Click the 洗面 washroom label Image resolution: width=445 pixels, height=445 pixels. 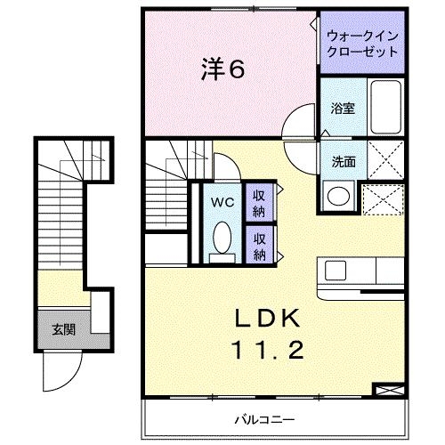click(344, 162)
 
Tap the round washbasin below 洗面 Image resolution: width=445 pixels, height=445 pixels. click(337, 195)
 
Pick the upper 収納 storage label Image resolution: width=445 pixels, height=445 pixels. click(259, 203)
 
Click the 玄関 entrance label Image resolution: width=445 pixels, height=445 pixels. click(62, 329)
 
